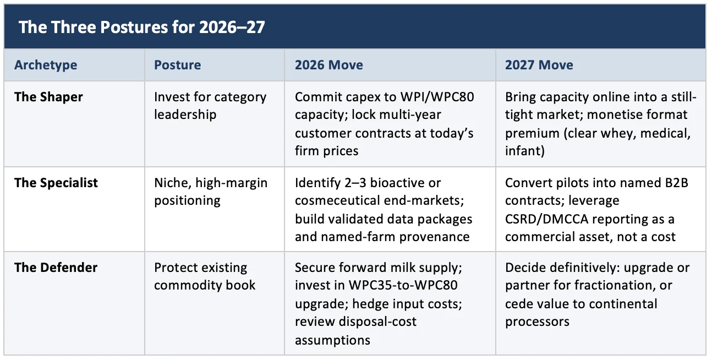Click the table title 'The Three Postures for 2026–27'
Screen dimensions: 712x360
click(x=142, y=27)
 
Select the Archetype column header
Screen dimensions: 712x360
click(x=46, y=65)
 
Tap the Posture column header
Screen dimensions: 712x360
click(x=178, y=65)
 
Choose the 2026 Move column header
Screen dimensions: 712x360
click(x=329, y=65)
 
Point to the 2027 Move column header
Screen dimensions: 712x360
click(x=539, y=65)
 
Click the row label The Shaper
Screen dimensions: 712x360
click(x=48, y=97)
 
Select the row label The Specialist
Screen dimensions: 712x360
click(x=56, y=183)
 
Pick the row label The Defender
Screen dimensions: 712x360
click(x=56, y=268)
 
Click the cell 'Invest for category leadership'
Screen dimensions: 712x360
click(x=210, y=106)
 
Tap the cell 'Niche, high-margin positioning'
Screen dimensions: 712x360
click(x=211, y=192)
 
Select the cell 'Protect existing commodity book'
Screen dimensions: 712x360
click(x=205, y=276)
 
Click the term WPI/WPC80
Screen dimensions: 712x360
click(x=437, y=97)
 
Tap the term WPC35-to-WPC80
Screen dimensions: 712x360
click(x=403, y=285)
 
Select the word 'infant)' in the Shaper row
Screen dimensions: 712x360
click(x=525, y=151)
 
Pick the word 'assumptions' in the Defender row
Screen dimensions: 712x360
click(x=332, y=341)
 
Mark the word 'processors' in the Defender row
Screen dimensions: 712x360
click(x=537, y=322)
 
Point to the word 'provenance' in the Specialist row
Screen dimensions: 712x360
click(x=434, y=237)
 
